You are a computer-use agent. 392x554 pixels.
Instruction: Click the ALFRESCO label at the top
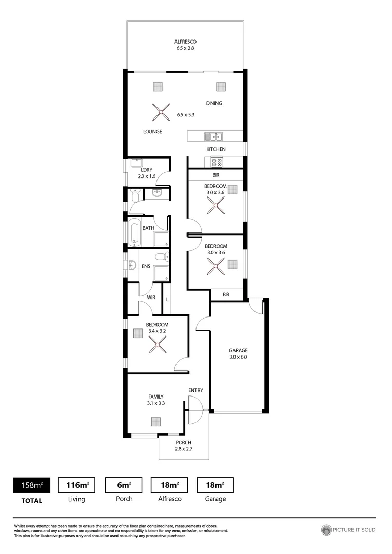pyautogui.click(x=185, y=42)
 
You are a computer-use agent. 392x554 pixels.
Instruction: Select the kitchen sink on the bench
pyautogui.click(x=212, y=136)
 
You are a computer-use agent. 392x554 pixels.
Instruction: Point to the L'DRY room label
pyautogui.click(x=146, y=170)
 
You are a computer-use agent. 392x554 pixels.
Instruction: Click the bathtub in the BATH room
pyautogui.click(x=134, y=232)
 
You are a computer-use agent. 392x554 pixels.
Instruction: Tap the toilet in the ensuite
pyautogui.click(x=162, y=256)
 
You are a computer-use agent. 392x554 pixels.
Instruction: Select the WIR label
pyautogui.click(x=151, y=298)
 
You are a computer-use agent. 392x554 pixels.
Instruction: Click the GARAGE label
pyautogui.click(x=238, y=350)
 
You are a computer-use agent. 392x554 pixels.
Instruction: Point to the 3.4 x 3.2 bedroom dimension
pyautogui.click(x=157, y=331)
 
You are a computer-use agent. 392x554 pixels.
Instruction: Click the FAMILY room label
pyautogui.click(x=156, y=397)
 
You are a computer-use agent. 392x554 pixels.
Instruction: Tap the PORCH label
pyautogui.click(x=183, y=443)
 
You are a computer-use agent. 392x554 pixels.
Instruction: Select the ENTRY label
pyautogui.click(x=195, y=390)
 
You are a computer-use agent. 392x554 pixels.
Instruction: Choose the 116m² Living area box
pyautogui.click(x=77, y=485)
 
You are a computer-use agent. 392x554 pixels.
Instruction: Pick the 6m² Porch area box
pyautogui.click(x=124, y=485)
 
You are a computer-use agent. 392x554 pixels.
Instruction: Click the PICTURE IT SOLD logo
pyautogui.click(x=348, y=530)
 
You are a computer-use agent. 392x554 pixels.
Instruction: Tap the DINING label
pyautogui.click(x=214, y=103)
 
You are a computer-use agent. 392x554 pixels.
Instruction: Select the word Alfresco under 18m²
pyautogui.click(x=170, y=499)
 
